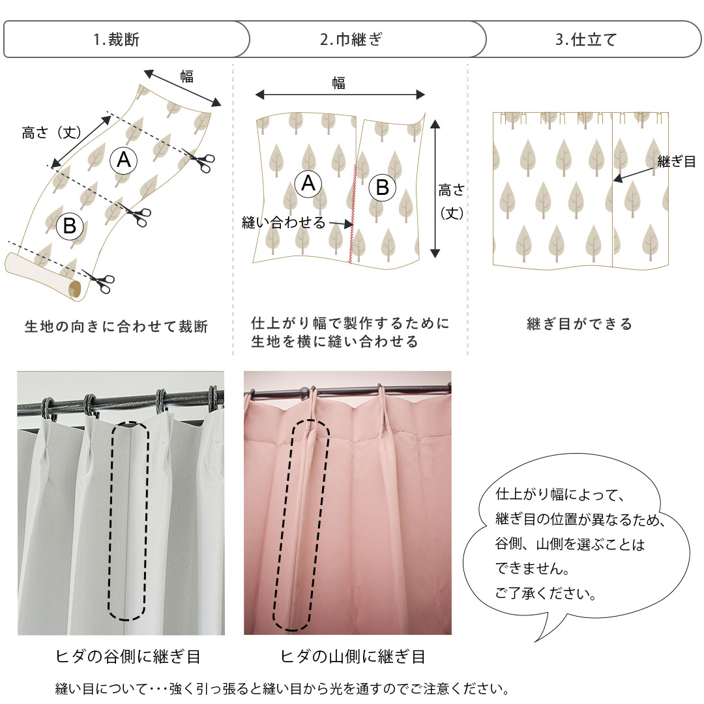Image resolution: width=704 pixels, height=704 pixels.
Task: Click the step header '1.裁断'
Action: pos(116,40)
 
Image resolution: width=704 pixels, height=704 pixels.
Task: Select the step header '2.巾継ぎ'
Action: pos(351,40)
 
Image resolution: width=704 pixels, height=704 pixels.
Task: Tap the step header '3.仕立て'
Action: pos(586,40)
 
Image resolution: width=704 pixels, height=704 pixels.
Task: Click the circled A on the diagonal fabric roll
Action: pos(123,160)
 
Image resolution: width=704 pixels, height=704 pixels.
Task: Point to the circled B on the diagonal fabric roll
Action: pos(70,226)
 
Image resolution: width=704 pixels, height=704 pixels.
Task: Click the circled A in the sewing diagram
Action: pos(308,183)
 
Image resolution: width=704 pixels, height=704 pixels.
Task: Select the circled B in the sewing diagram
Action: pos(382,187)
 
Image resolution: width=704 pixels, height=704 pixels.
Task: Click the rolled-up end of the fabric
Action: pos(42,277)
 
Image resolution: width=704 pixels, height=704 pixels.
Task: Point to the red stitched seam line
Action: pos(353,213)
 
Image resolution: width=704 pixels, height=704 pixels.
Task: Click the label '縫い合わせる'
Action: pos(284,222)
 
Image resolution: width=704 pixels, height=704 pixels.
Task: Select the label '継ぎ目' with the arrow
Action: pos(676,161)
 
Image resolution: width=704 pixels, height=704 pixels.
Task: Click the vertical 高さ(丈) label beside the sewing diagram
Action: pos(451,201)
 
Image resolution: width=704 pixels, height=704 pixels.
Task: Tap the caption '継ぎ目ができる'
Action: pos(579,324)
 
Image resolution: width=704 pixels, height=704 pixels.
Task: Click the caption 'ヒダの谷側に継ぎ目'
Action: pos(128,656)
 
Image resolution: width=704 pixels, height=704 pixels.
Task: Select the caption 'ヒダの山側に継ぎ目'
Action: pos(353,656)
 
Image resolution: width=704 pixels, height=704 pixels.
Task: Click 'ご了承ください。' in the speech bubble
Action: pos(546,593)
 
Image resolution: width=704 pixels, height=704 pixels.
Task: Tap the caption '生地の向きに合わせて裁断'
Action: pos(116,327)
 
